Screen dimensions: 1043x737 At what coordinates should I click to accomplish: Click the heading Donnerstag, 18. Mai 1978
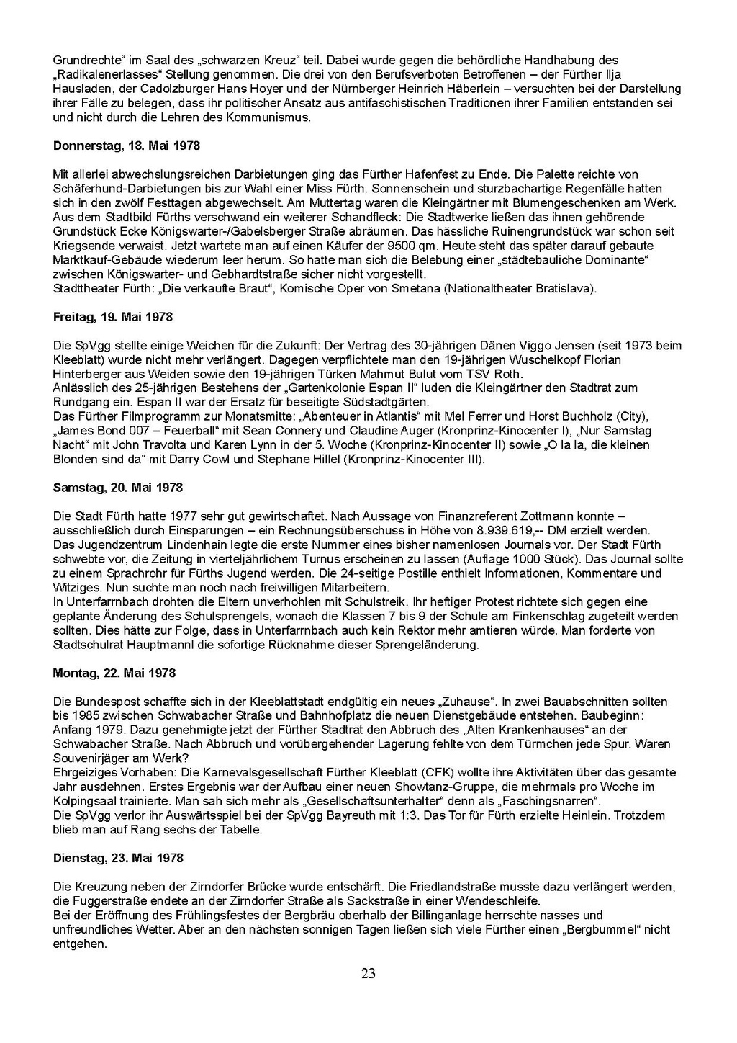(127, 146)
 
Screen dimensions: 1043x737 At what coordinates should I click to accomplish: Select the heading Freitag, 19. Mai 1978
(113, 317)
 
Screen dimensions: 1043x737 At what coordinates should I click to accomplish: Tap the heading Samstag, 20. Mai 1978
(118, 488)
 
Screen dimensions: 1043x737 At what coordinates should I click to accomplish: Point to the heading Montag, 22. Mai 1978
(114, 673)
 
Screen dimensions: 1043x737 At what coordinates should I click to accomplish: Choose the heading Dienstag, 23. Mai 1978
(119, 858)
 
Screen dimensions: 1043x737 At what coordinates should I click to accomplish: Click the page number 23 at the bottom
(368, 974)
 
